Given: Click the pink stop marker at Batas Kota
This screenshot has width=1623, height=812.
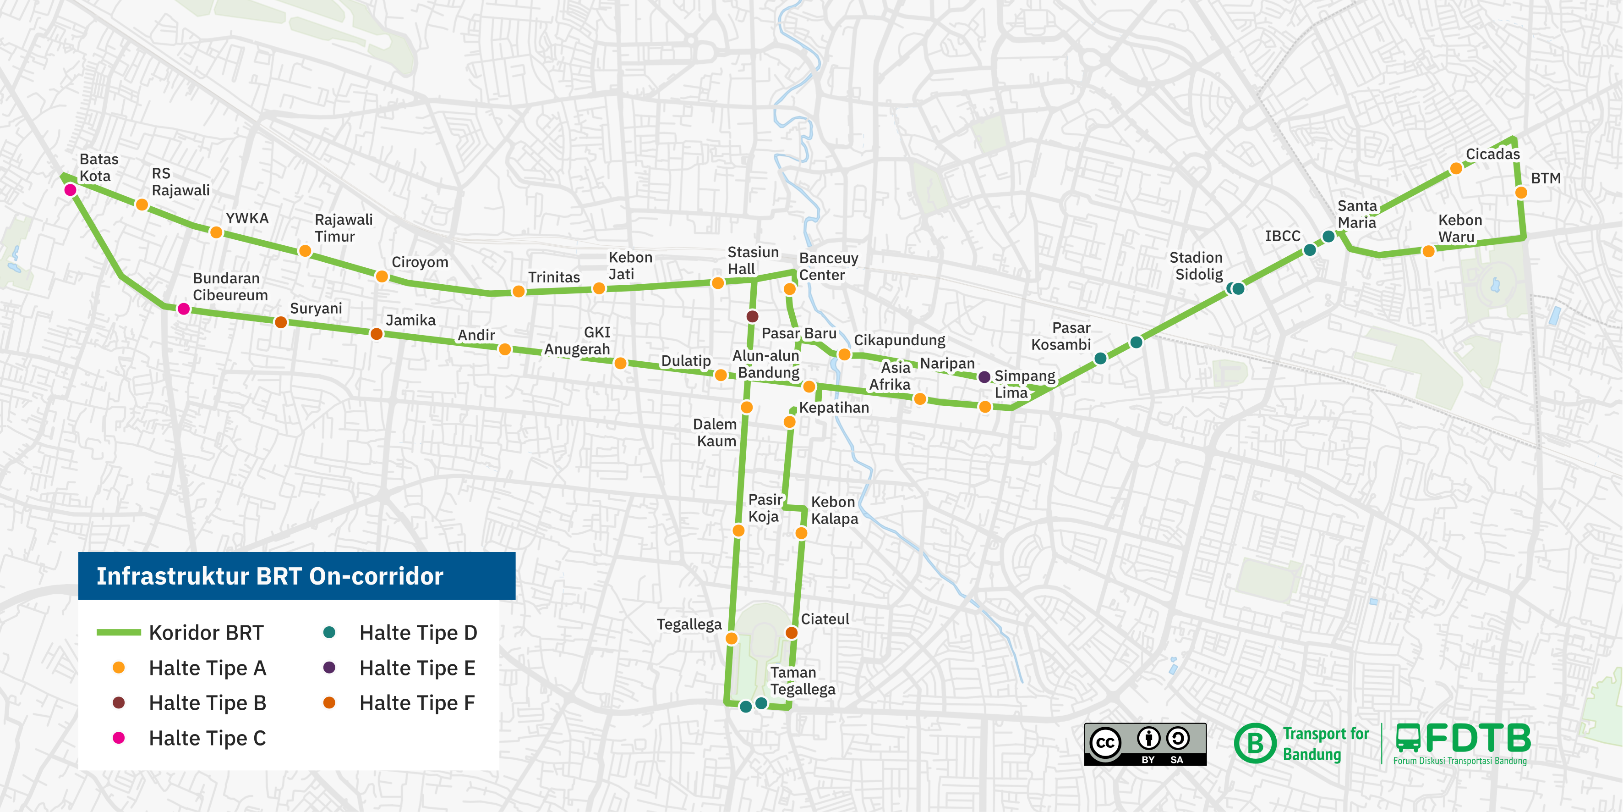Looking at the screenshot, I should click(x=71, y=190).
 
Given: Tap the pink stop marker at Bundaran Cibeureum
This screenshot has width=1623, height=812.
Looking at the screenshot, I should click(x=183, y=309).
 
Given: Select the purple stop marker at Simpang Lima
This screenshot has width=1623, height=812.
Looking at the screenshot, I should click(x=984, y=377).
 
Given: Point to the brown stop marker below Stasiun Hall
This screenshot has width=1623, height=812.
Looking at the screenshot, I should click(x=752, y=316).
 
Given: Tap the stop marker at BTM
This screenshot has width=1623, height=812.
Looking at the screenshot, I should click(x=1521, y=192).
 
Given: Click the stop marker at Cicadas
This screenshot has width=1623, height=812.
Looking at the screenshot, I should click(x=1456, y=168).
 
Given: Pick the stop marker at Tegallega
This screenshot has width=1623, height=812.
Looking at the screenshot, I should click(x=732, y=638).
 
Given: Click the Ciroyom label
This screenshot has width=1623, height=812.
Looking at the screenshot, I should click(x=420, y=262).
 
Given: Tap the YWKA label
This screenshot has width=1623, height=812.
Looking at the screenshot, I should click(x=247, y=218).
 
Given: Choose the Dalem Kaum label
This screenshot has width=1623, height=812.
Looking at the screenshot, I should click(x=715, y=432).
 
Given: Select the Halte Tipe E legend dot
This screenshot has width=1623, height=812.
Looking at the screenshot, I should click(x=329, y=668).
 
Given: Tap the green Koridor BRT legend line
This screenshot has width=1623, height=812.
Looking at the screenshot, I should click(x=119, y=632).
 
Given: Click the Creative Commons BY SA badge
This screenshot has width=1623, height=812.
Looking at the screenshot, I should click(x=1145, y=744).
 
